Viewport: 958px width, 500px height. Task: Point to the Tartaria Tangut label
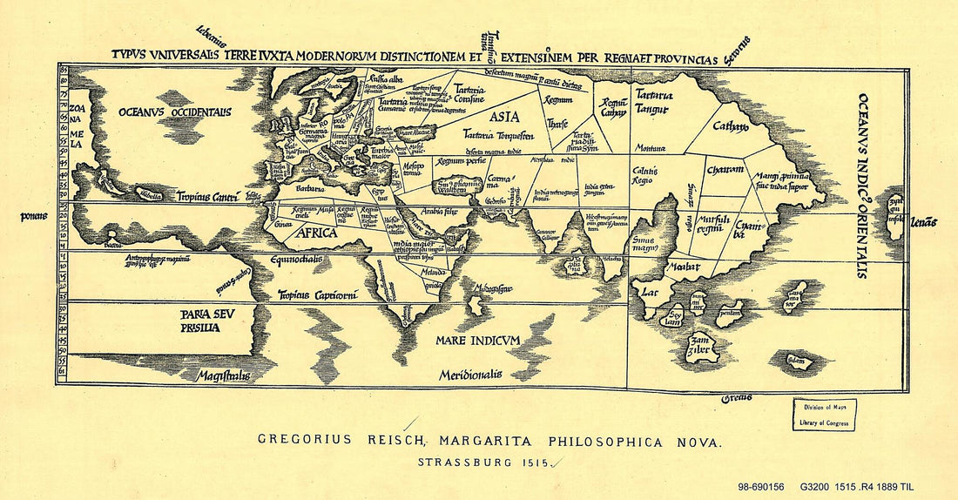[x=651, y=101]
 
